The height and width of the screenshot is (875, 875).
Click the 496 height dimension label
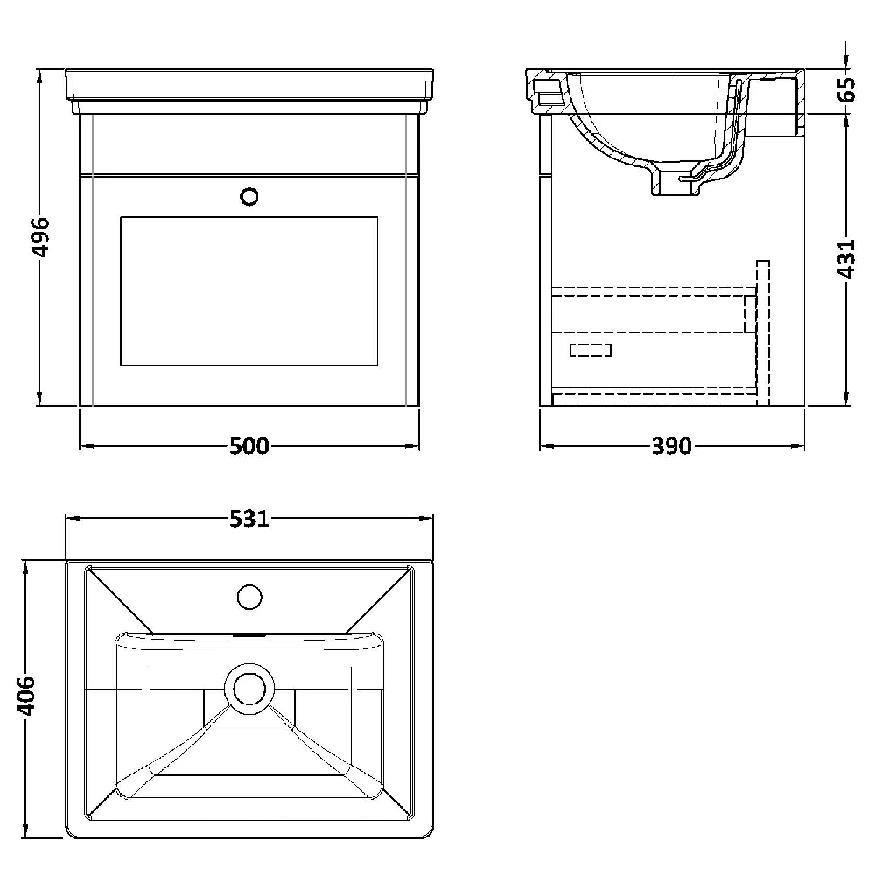coord(40,238)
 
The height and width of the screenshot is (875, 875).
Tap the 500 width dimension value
coord(248,446)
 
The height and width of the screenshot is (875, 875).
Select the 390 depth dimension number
coord(671,446)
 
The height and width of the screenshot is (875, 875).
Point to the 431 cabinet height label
coord(846,259)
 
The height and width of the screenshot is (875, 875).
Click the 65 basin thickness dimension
coord(846,89)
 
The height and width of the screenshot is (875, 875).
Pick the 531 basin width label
coord(249,519)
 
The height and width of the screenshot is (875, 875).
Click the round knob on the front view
coord(248,196)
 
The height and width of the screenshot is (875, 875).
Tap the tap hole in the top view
coord(248,596)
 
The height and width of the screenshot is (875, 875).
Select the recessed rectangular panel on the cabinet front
coord(248,291)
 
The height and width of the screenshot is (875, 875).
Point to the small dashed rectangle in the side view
coord(591,350)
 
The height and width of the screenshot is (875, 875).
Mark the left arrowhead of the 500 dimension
coord(86,446)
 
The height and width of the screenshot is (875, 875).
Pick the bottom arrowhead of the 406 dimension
coord(25,829)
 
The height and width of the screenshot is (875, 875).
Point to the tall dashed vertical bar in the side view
coord(762,332)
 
